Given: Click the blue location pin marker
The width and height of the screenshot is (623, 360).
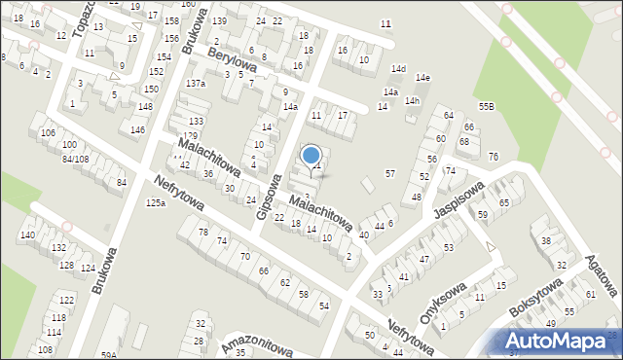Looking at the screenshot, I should pyautogui.click(x=311, y=156).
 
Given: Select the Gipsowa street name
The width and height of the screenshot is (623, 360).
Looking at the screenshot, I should pyautogui.click(x=267, y=197).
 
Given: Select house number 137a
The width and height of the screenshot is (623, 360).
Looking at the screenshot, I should pyautogui.click(x=197, y=84).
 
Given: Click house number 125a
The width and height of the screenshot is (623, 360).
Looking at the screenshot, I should pyautogui.click(x=156, y=202).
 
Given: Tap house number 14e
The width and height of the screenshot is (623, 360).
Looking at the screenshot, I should pyautogui.click(x=422, y=78).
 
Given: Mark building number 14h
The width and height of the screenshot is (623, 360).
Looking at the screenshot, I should pyautogui.click(x=412, y=101).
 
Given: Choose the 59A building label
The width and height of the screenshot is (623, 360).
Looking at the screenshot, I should pyautogui.click(x=108, y=355).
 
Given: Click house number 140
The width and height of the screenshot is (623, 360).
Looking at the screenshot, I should pyautogui.click(x=28, y=235).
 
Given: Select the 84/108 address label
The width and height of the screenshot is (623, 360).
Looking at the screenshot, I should pyautogui.click(x=75, y=159).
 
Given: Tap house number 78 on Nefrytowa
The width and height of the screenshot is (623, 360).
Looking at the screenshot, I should pyautogui.click(x=202, y=232).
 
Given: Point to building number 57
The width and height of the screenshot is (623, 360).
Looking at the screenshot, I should pyautogui.click(x=390, y=173).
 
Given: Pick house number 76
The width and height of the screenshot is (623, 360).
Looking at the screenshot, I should pyautogui.click(x=494, y=157).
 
